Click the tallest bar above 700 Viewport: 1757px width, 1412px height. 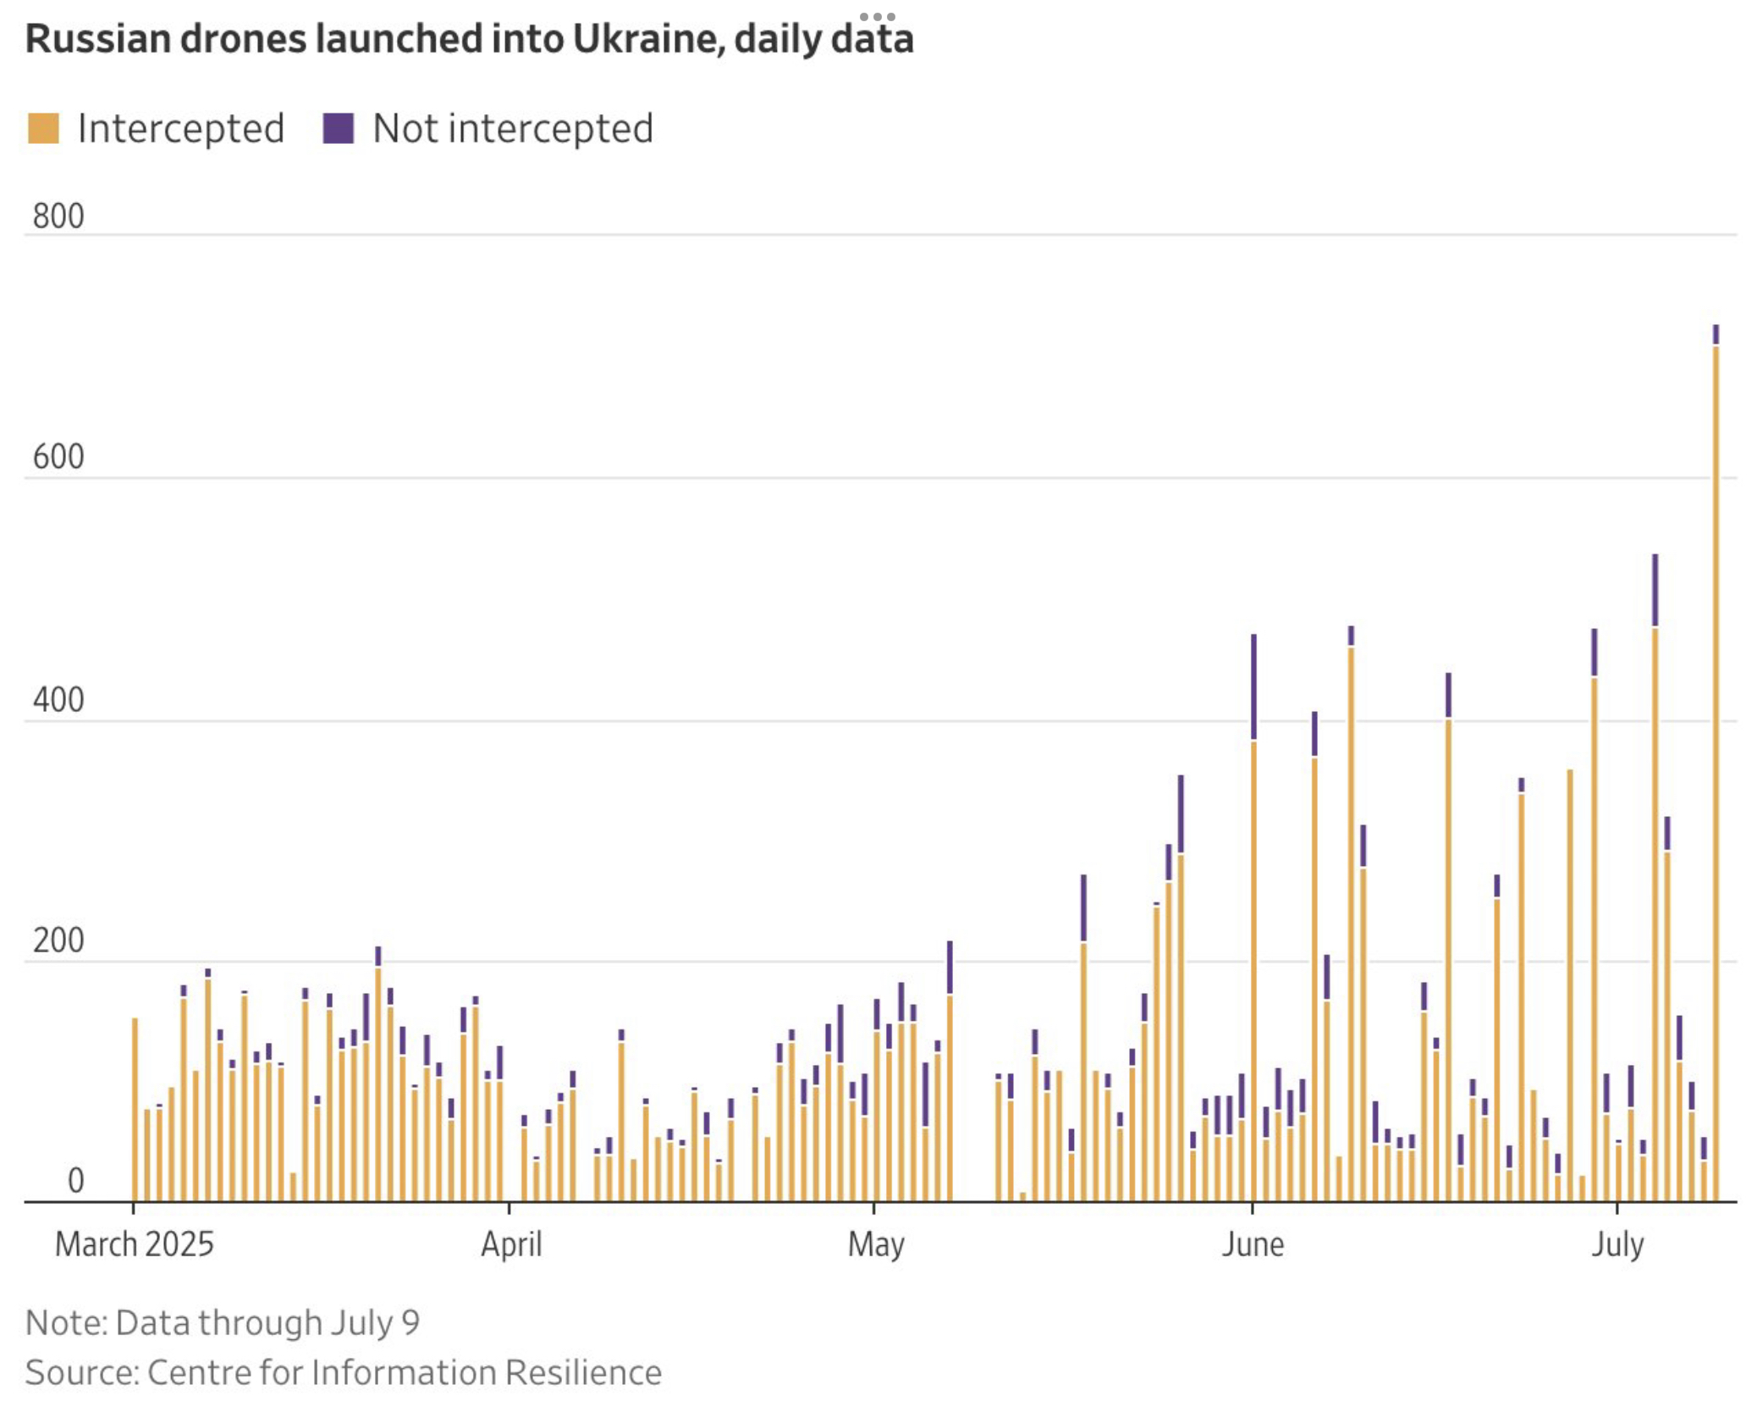pyautogui.click(x=1716, y=762)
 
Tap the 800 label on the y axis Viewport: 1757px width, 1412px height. pyautogui.click(x=58, y=217)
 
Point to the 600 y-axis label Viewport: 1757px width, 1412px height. pyautogui.click(x=58, y=457)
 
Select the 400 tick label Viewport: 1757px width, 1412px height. pyautogui.click(x=58, y=701)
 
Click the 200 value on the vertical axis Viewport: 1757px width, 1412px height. pyautogui.click(x=58, y=941)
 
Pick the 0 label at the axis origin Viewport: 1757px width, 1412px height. pyautogui.click(x=75, y=1181)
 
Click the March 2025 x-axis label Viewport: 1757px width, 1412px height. pyautogui.click(x=135, y=1244)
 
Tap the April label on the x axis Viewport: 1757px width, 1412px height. pyautogui.click(x=511, y=1244)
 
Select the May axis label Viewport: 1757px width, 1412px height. pyautogui.click(x=876, y=1244)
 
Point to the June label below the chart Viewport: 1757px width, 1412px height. pyautogui.click(x=1253, y=1244)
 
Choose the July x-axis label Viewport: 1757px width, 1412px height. pyautogui.click(x=1617, y=1244)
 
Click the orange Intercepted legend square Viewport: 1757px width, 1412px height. pyautogui.click(x=43, y=129)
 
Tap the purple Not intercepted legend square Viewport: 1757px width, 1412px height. pyautogui.click(x=338, y=129)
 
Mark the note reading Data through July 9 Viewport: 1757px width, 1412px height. pyautogui.click(x=223, y=1322)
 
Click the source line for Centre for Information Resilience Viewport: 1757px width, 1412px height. pyautogui.click(x=343, y=1372)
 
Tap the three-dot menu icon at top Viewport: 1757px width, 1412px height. pyautogui.click(x=878, y=17)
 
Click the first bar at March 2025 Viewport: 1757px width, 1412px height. pyautogui.click(x=135, y=1109)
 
